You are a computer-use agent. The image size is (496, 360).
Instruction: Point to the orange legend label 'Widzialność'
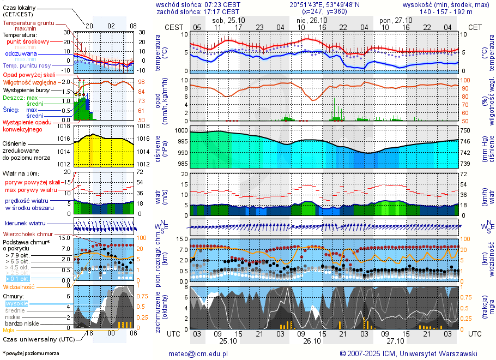(x=19, y=286)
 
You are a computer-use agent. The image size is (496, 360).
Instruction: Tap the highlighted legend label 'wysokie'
(x=16, y=303)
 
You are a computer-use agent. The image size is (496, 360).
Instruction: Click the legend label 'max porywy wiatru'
(x=31, y=190)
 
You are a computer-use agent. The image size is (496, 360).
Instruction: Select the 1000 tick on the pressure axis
(x=181, y=131)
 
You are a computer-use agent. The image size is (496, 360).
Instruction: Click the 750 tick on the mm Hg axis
(x=466, y=131)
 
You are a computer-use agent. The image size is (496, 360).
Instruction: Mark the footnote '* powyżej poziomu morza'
(x=31, y=353)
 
